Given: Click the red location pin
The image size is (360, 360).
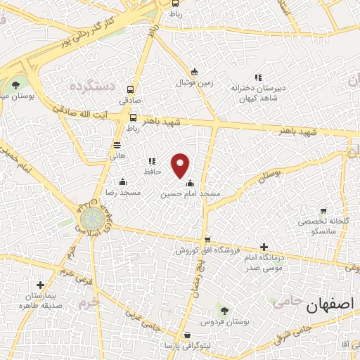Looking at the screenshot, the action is click(x=181, y=165).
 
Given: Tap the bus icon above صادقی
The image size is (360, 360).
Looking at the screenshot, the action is click(x=131, y=89).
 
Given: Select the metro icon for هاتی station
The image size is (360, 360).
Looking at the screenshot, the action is click(x=117, y=144).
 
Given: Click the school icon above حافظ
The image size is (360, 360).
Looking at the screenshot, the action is click(x=152, y=161).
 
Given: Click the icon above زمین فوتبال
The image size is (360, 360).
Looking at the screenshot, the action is click(x=195, y=72).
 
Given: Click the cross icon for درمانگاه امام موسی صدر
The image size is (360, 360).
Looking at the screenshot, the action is click(x=264, y=247).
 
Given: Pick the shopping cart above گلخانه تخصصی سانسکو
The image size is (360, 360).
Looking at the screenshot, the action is click(x=323, y=210).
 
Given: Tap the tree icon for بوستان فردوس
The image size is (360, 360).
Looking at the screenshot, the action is click(x=224, y=310).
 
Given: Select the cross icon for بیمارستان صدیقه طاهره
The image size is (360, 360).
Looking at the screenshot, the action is click(x=41, y=285).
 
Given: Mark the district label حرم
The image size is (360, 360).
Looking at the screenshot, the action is click(x=86, y=303).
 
